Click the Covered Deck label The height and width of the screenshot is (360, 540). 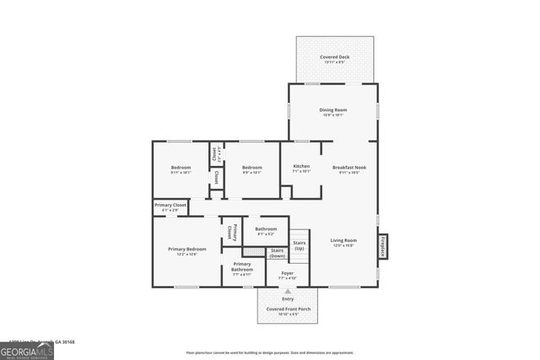click(x=334, y=57)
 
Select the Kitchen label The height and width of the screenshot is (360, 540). click(x=301, y=167)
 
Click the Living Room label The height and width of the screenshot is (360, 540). click(x=343, y=240)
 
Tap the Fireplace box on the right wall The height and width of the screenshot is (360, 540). click(x=382, y=245)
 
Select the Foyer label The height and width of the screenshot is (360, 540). click(x=287, y=273)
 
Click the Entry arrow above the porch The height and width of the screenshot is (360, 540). click(x=288, y=291)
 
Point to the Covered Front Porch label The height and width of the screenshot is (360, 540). click(x=288, y=309)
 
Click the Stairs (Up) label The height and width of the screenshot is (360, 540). click(x=300, y=245)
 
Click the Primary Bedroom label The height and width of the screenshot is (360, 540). click(x=187, y=250)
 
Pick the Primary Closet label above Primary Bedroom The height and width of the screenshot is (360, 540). click(x=170, y=206)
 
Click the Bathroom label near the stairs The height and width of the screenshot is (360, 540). click(x=267, y=229)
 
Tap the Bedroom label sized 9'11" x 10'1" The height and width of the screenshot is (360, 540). click(x=181, y=168)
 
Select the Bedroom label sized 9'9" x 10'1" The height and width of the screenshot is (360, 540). click(x=251, y=168)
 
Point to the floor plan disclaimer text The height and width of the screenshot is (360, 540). click(x=270, y=352)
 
